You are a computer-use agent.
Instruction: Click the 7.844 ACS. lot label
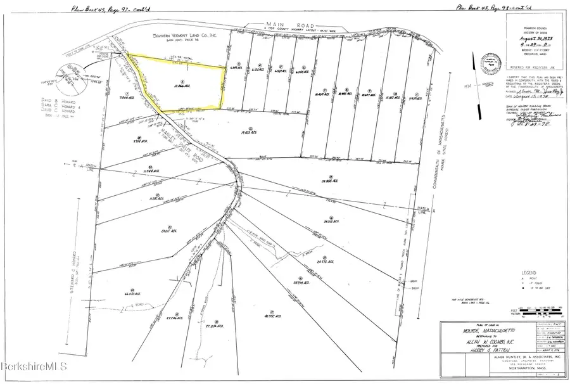pyautogui.click(x=124, y=99)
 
